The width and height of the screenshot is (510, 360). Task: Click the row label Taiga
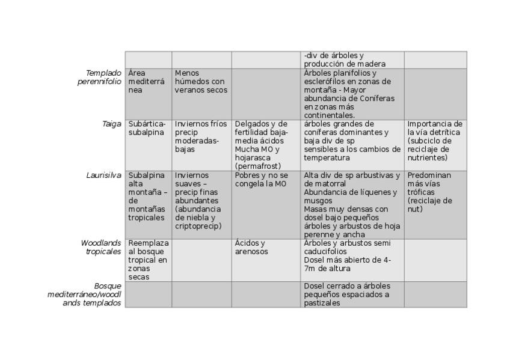112,124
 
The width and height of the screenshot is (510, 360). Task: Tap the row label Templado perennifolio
100,77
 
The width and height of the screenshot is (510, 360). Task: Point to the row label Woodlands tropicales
101,247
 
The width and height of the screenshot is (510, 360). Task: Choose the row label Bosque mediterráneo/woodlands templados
85,294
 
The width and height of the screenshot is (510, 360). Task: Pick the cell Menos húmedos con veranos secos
200,81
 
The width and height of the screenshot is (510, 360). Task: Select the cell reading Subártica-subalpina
147,128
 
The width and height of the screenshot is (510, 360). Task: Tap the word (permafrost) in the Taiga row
258,165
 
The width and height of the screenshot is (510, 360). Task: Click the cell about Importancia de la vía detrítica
435,141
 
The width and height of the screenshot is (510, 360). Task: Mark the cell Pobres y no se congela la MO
262,180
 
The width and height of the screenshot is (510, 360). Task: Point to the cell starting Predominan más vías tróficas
429,192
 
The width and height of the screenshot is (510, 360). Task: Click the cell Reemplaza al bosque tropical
149,260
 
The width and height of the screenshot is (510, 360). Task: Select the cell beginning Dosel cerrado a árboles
347,294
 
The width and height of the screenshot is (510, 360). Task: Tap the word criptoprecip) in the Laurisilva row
198,226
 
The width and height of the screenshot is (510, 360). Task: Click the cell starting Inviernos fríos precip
201,136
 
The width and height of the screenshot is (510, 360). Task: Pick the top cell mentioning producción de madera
345,59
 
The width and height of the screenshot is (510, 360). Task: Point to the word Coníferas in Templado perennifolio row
375,98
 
